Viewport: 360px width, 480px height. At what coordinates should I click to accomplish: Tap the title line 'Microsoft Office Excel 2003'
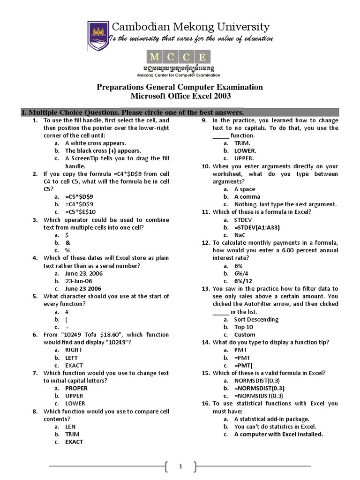tap(180, 97)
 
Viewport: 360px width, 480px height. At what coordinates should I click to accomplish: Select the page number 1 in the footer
tap(180, 466)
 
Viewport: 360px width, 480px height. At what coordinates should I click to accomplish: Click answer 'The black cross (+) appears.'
tap(103, 151)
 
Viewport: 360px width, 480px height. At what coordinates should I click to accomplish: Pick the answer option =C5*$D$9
tap(79, 196)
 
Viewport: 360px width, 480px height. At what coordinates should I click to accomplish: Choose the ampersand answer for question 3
tap(68, 242)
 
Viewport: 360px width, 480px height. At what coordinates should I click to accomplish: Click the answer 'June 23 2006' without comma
tap(83, 289)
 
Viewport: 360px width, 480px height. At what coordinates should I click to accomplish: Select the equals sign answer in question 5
tap(67, 327)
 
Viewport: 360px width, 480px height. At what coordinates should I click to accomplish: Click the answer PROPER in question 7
tap(76, 388)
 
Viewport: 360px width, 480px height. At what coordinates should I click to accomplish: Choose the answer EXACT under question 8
tap(74, 442)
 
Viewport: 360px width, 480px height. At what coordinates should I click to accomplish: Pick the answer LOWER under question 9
tap(245, 151)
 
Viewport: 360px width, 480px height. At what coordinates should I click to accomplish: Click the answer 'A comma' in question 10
tap(247, 197)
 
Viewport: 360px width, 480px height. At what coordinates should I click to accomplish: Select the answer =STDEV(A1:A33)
tap(257, 227)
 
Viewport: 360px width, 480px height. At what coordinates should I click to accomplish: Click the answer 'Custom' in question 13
tap(245, 335)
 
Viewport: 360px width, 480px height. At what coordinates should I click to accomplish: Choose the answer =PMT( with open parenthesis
tap(243, 365)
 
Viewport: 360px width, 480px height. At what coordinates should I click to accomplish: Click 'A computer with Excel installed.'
tap(278, 434)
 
